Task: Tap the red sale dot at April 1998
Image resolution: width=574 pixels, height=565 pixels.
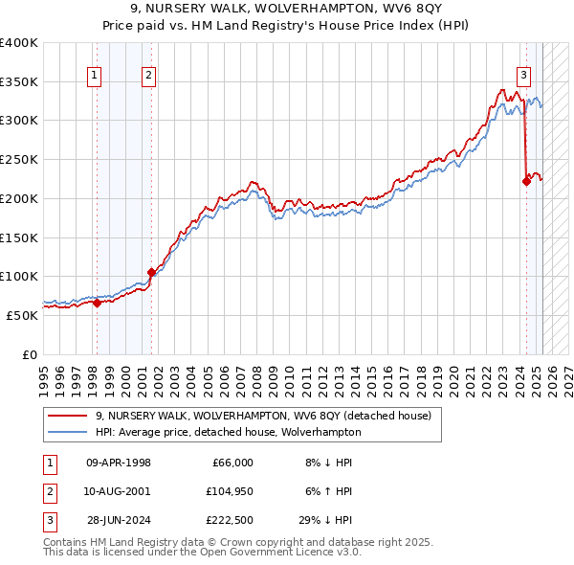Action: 97,304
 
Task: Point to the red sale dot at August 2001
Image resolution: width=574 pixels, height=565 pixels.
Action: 151,273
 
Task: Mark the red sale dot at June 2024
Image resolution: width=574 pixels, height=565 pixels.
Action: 526,181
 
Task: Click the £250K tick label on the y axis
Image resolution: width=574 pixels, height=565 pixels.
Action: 19,159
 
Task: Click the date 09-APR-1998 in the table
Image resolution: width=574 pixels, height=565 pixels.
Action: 119,463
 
